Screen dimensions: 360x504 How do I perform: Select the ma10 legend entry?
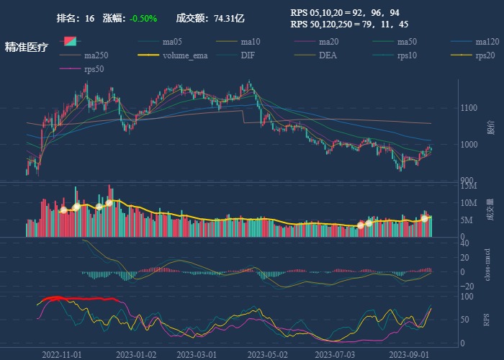tap(250, 42)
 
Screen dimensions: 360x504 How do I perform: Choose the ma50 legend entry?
tap(407, 42)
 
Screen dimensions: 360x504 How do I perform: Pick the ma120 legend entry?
tap(487, 42)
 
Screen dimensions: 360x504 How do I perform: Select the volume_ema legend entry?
tap(185, 55)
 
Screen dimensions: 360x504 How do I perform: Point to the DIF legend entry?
tap(247, 55)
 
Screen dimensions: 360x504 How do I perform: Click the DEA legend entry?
tap(328, 55)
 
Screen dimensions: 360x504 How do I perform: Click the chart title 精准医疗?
tap(27, 48)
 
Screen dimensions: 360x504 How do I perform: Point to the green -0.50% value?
tap(143, 18)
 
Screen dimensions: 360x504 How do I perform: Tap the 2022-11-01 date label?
tap(62, 354)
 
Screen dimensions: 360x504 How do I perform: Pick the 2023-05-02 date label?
tap(267, 354)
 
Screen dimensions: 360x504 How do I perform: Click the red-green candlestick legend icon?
tap(71, 42)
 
